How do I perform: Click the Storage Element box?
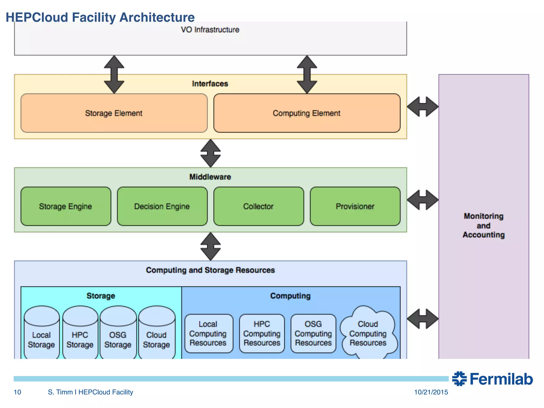coord(114,113)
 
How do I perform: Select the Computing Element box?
coord(307,113)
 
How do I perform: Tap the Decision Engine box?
coord(162,206)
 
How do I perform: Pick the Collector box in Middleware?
coord(258,206)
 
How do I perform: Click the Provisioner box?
coord(355,206)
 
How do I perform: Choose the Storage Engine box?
coord(66,206)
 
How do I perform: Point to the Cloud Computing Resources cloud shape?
coord(368,333)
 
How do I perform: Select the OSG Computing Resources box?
coord(313,333)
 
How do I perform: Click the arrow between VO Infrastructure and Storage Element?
coord(114,74)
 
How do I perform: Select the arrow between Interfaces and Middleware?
coord(210,153)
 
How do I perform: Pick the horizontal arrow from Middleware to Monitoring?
coord(423,200)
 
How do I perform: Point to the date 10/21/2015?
coord(431,392)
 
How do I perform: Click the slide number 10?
coord(17,392)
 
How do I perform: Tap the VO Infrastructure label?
coord(210,30)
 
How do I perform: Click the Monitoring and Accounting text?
coord(483,226)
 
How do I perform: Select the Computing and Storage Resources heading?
coord(210,270)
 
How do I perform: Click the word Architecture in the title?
coord(157,18)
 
